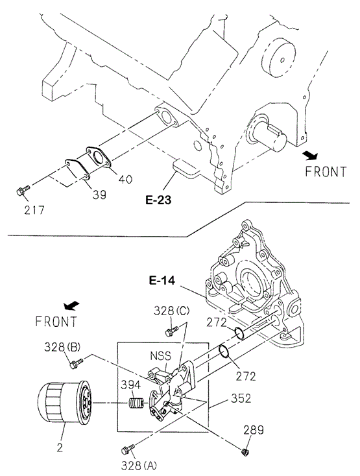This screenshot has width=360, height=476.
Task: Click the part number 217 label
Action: pos(34,209)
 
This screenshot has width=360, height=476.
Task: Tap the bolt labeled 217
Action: pos(23,191)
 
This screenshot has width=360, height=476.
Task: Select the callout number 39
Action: pos(99,195)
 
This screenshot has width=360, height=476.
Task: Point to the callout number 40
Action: pos(125,179)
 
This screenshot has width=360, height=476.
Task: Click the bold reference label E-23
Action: pos(158,200)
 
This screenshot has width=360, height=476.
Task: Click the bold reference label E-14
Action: pos(162,281)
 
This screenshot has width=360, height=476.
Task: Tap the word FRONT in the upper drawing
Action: pos(326,172)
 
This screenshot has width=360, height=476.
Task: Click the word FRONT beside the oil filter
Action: pos(56,322)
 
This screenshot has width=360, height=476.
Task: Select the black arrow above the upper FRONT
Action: pos(311,156)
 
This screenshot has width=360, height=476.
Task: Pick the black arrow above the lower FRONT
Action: pos(71,305)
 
